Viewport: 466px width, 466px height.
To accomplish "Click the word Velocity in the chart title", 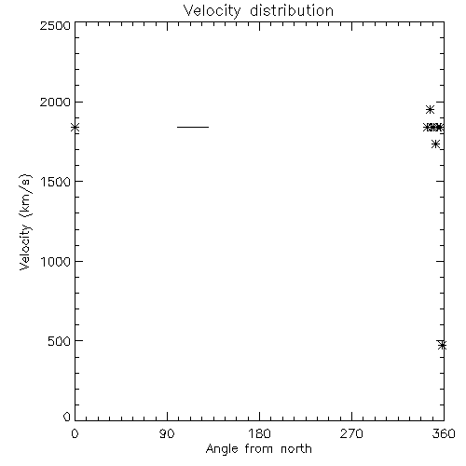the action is tap(212, 11).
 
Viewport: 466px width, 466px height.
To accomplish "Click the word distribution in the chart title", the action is tap(292, 10).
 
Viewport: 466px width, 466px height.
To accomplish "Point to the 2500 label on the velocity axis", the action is tap(55, 25).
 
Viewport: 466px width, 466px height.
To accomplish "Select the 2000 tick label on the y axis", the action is tap(55, 102).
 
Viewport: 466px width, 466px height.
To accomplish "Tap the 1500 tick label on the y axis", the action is tap(56, 182).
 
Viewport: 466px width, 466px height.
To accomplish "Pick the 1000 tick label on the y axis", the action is tap(56, 261).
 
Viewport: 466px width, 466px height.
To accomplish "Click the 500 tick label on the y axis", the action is tap(60, 341).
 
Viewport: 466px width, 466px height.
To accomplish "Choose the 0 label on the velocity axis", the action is tap(67, 417).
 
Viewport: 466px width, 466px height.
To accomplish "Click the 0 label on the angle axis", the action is tap(75, 433).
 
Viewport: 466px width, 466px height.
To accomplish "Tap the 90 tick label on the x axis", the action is tap(167, 433).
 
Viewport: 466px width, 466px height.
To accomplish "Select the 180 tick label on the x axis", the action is tap(259, 433).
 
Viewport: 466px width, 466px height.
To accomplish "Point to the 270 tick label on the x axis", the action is tap(351, 433).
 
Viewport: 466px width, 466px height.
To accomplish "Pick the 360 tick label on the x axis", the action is tap(444, 433).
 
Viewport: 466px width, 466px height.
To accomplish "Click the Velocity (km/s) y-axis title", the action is tap(25, 222).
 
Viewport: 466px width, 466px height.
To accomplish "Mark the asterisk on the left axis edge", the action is tap(75, 127).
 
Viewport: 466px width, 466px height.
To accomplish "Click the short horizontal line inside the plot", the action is tap(193, 127).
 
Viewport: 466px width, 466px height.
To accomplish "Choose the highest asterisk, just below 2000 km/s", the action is tap(430, 110).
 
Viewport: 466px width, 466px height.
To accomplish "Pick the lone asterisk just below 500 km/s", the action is tap(443, 345).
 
